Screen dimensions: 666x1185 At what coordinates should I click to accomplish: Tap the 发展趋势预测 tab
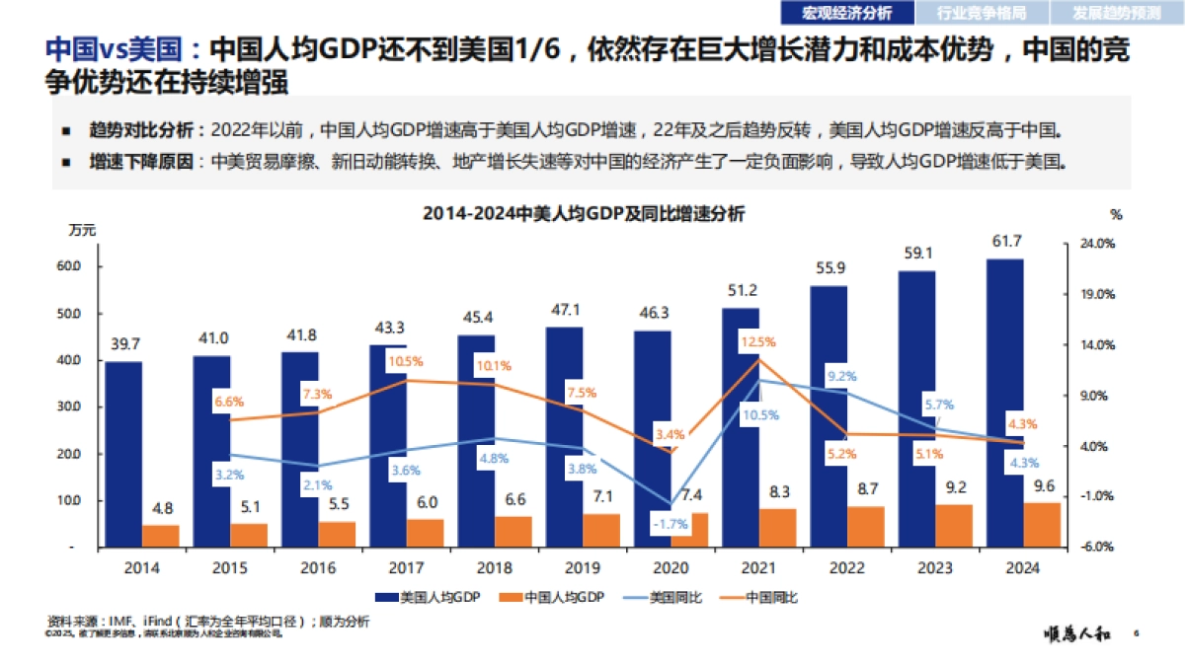pyautogui.click(x=1117, y=13)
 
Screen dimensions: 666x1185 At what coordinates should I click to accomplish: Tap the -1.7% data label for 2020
pyautogui.click(x=671, y=524)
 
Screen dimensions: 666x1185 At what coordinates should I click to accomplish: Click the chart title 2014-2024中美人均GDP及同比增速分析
pyautogui.click(x=584, y=213)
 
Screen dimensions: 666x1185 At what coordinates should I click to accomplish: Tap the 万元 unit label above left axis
pyautogui.click(x=82, y=230)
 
